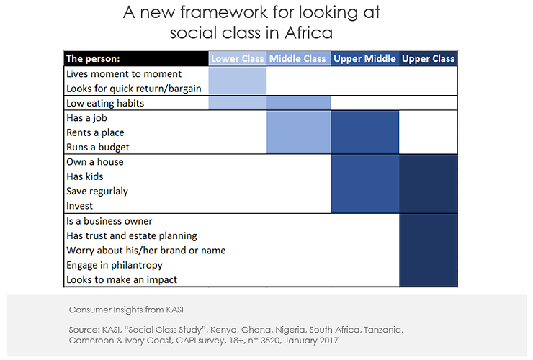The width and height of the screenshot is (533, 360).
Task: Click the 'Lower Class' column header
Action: click(238, 59)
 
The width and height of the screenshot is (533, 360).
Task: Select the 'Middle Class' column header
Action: click(298, 59)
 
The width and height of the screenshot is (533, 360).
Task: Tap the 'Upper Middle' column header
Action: click(364, 59)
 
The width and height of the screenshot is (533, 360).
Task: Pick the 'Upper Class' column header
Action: click(428, 59)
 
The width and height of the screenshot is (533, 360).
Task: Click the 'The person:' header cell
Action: click(93, 59)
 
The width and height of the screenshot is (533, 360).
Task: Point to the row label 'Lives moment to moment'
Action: click(123, 74)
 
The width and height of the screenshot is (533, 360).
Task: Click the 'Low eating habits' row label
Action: click(105, 103)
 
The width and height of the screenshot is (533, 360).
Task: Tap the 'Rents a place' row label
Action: click(95, 132)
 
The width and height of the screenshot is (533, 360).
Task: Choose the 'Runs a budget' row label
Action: click(98, 147)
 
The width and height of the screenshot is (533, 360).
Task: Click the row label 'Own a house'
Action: click(95, 162)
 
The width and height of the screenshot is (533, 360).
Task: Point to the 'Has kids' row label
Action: click(85, 176)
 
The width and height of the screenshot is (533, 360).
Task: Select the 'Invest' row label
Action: click(80, 206)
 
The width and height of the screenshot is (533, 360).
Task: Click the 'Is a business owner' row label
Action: click(109, 221)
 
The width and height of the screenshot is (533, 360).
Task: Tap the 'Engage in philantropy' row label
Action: click(115, 265)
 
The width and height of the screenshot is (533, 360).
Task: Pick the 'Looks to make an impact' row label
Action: click(121, 279)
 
